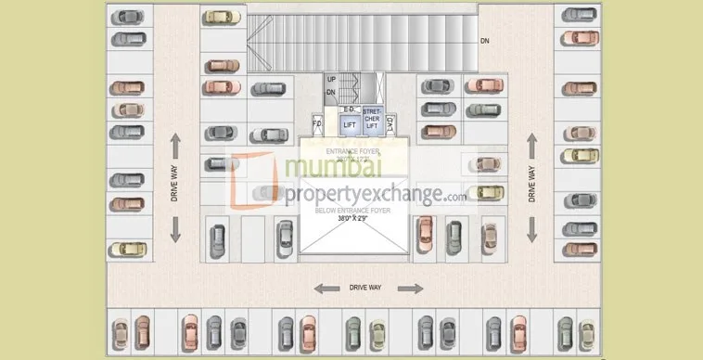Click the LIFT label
click(350, 123)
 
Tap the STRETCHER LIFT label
click(372, 119)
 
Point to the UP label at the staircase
click(331, 80)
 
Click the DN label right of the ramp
click(484, 42)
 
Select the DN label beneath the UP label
click(331, 92)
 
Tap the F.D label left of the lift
click(316, 122)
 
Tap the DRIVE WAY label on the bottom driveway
click(366, 288)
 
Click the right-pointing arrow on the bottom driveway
click(405, 288)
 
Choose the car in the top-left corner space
click(128, 17)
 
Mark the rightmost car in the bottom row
click(586, 332)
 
